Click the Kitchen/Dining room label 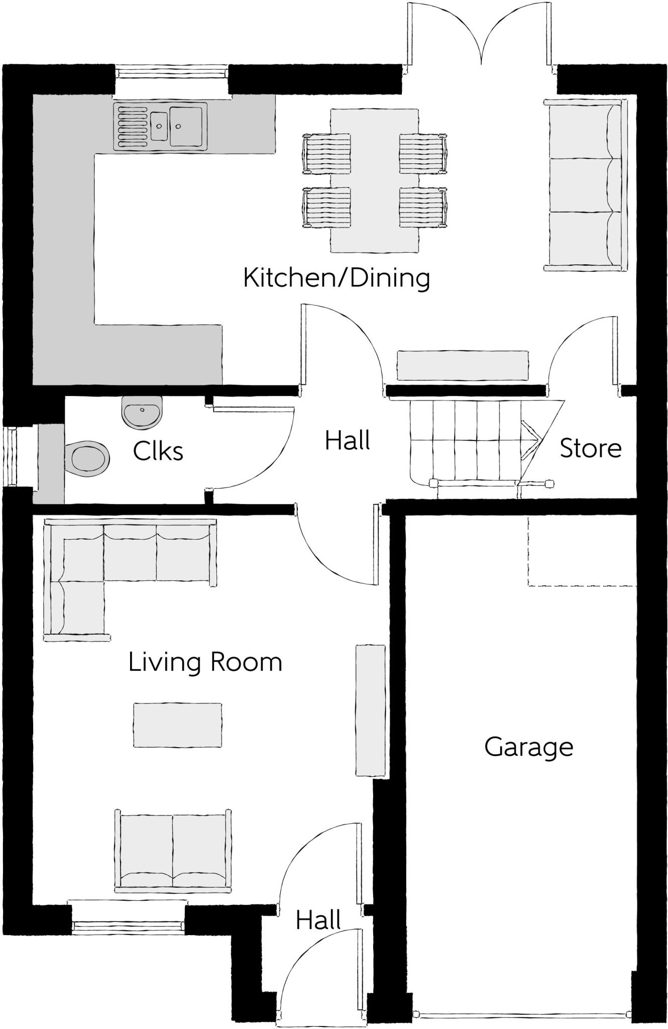(x=336, y=278)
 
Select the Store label (x=590, y=448)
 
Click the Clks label (x=158, y=451)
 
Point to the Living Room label (x=205, y=662)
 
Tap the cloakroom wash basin (x=142, y=412)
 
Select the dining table (x=374, y=181)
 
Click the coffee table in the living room (x=177, y=725)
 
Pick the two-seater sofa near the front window (x=173, y=851)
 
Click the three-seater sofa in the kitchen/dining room (x=585, y=185)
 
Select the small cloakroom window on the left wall (x=11, y=456)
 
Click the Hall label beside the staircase (x=347, y=441)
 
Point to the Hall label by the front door (x=318, y=920)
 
